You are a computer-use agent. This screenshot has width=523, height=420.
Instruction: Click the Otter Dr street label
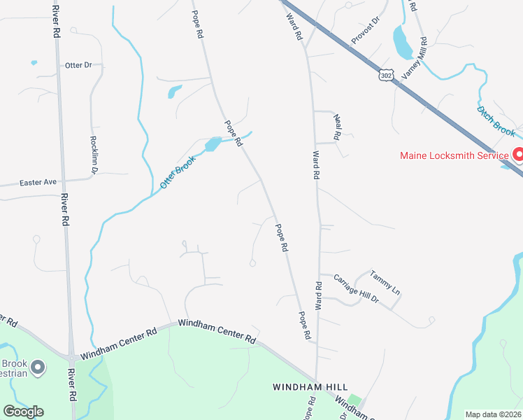pyautogui.click(x=78, y=65)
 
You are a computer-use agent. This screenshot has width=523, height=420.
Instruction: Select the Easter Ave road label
pyautogui.click(x=38, y=182)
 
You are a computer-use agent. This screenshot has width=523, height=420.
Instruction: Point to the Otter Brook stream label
pyautogui.click(x=177, y=171)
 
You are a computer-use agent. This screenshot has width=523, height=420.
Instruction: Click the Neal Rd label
pyautogui.click(x=338, y=127)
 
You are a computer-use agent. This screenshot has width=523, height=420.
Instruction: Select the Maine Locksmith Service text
pyautogui.click(x=454, y=155)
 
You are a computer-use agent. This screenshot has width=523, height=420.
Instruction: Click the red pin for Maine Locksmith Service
pyautogui.click(x=518, y=155)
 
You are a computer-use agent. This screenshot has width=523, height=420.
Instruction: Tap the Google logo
pyautogui.click(x=23, y=411)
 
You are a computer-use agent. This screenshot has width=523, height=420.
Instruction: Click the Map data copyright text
pyautogui.click(x=493, y=414)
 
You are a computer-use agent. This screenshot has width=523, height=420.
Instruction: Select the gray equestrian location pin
pyautogui.click(x=38, y=366)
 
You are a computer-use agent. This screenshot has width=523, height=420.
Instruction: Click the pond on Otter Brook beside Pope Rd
pyautogui.click(x=212, y=145)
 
